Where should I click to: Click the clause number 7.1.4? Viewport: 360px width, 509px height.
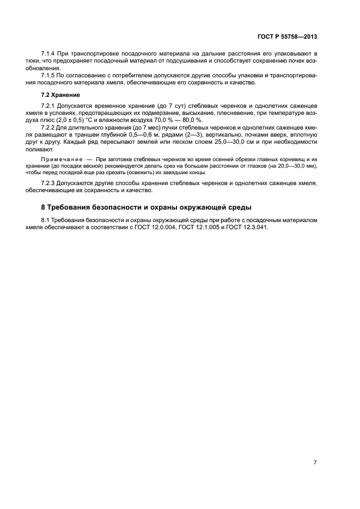50,54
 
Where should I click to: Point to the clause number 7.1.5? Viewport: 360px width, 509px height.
50,76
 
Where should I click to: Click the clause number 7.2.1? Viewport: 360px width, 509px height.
50,105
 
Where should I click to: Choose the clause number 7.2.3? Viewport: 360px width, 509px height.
50,183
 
